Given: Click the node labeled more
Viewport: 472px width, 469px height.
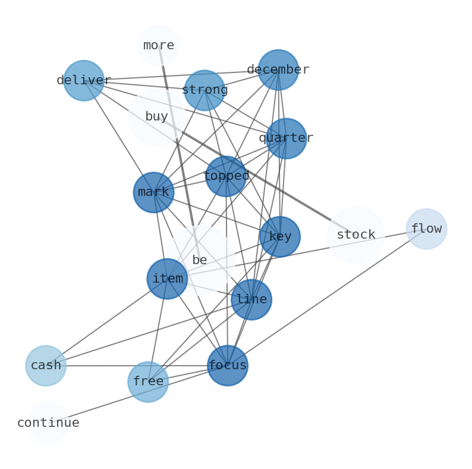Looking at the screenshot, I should click(159, 46).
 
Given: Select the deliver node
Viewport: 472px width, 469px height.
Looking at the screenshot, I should click(84, 81).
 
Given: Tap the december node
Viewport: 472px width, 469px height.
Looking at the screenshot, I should click(278, 70).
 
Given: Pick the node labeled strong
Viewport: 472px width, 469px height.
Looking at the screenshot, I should click(204, 90).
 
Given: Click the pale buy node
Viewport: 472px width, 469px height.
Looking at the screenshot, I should click(156, 117).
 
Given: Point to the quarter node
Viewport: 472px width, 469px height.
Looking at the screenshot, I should click(287, 138).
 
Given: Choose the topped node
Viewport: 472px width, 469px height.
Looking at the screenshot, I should click(226, 176).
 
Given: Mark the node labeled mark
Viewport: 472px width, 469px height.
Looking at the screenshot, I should click(154, 192).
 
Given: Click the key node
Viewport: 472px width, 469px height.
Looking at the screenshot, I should click(280, 237).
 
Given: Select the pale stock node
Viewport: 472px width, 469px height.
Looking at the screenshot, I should click(356, 235).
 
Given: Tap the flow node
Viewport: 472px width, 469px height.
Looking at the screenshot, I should click(426, 229).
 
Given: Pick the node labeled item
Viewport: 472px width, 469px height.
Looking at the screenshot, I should click(168, 279).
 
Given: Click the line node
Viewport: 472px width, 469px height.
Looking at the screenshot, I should click(251, 300).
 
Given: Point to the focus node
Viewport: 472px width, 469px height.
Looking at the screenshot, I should click(228, 366).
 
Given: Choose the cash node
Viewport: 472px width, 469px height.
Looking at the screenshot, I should click(46, 366).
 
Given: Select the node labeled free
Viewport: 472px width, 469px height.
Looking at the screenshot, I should click(148, 382).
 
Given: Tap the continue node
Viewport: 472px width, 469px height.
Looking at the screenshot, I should click(48, 423).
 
